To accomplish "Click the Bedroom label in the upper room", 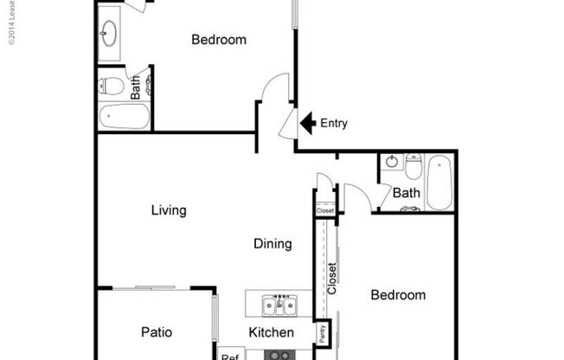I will pos(219,39).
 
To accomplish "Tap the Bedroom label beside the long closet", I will pos(398,295).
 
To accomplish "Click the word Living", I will pos(169,210).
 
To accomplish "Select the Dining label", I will pos(272,244).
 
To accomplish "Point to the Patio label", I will pos(156,332).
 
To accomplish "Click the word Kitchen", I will pos(272,332).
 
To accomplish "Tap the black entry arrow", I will pos(307,123).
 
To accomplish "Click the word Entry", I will pos(334,123).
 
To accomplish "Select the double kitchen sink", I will pos(279,305).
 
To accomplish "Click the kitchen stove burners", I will pos(279,354).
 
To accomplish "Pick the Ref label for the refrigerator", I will pos(229,355).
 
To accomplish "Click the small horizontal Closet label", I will pos(325,210).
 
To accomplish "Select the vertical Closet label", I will pos(332,279).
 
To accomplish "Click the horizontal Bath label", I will pos(407,193).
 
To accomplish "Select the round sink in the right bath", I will pos(391,163).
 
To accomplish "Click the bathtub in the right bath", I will pos(439,182).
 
